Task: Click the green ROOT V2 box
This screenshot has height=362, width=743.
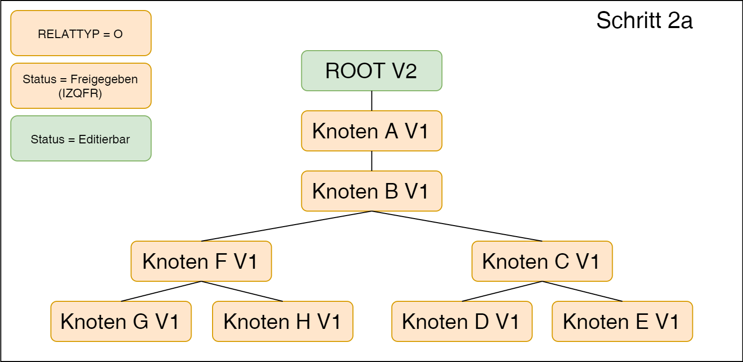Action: coord(371,71)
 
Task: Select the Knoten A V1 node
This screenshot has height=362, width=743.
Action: coord(371,131)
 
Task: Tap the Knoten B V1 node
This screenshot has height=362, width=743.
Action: coord(371,191)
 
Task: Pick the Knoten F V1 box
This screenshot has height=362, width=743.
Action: coord(201,261)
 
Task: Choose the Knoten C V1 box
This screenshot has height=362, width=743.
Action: coord(541,261)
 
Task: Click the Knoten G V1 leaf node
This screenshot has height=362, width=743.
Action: coord(120,321)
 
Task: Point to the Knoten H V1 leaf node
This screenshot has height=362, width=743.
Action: coord(282,321)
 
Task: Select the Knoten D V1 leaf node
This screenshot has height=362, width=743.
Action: coord(461,321)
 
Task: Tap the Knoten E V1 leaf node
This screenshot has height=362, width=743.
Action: coord(622,321)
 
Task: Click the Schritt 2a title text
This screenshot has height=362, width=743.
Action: coord(644,21)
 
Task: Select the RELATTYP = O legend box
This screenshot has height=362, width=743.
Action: coord(81,34)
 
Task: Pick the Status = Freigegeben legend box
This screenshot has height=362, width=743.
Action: coord(81,80)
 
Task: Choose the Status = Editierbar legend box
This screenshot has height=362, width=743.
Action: coord(81,139)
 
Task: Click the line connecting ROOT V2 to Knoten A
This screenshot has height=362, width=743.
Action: coord(371,101)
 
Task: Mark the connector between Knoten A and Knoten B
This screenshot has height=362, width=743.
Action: coord(371,161)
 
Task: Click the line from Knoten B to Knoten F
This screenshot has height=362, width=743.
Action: coord(286,226)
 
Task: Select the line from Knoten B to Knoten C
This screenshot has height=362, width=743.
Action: coord(457,226)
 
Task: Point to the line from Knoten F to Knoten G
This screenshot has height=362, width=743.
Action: coord(161,291)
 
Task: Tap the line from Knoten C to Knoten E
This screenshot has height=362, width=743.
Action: coord(582,291)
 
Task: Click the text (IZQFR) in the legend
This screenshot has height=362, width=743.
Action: coord(80,93)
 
